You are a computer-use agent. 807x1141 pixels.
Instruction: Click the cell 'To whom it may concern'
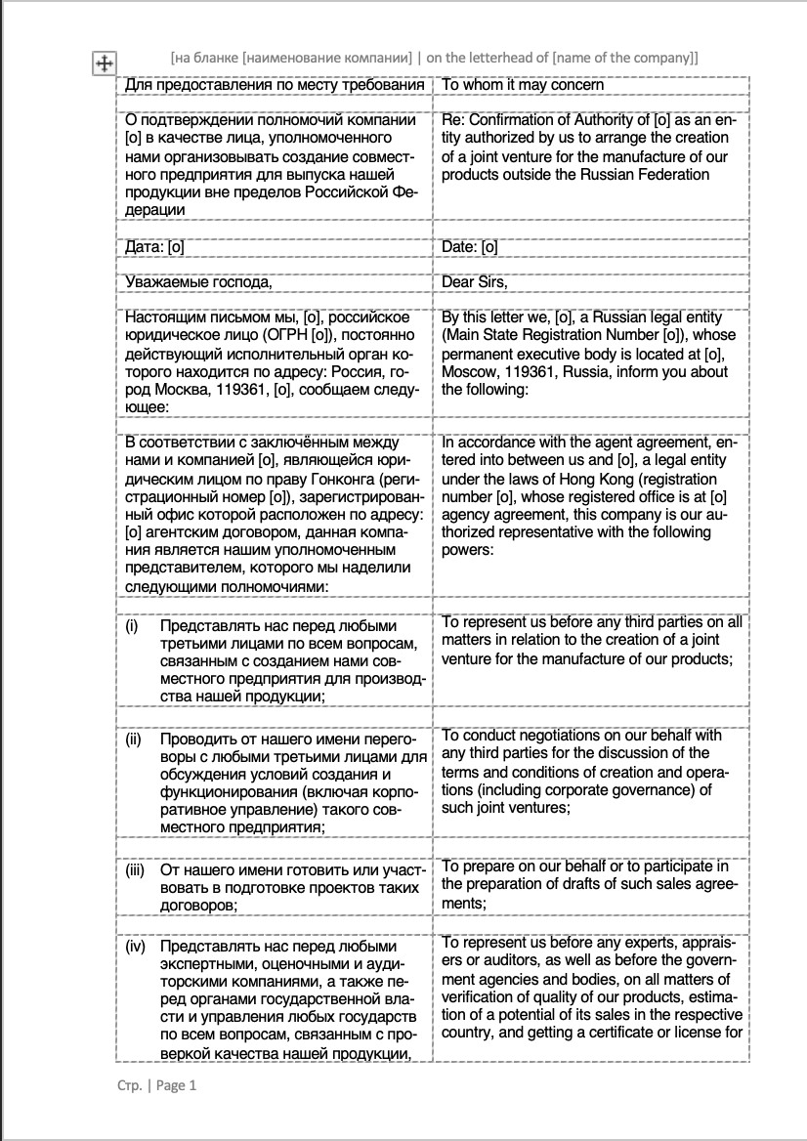[x=523, y=85]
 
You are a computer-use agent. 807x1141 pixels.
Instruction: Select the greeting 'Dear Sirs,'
[x=475, y=282]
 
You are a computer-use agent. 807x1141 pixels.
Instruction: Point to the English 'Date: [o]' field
[x=470, y=247]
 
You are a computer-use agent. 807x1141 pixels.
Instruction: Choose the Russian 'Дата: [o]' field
[x=155, y=247]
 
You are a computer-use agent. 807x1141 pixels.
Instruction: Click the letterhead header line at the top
[x=434, y=58]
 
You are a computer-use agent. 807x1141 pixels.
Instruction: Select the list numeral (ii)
[x=134, y=740]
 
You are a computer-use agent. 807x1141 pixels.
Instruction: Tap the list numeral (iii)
[x=135, y=868]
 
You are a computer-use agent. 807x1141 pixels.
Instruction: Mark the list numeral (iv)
[x=135, y=947]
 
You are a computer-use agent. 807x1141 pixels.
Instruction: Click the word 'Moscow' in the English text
[x=469, y=371]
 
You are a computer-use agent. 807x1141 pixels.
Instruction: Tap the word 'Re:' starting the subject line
[x=454, y=120]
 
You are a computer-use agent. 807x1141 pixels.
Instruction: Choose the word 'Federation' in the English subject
[x=673, y=174]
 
